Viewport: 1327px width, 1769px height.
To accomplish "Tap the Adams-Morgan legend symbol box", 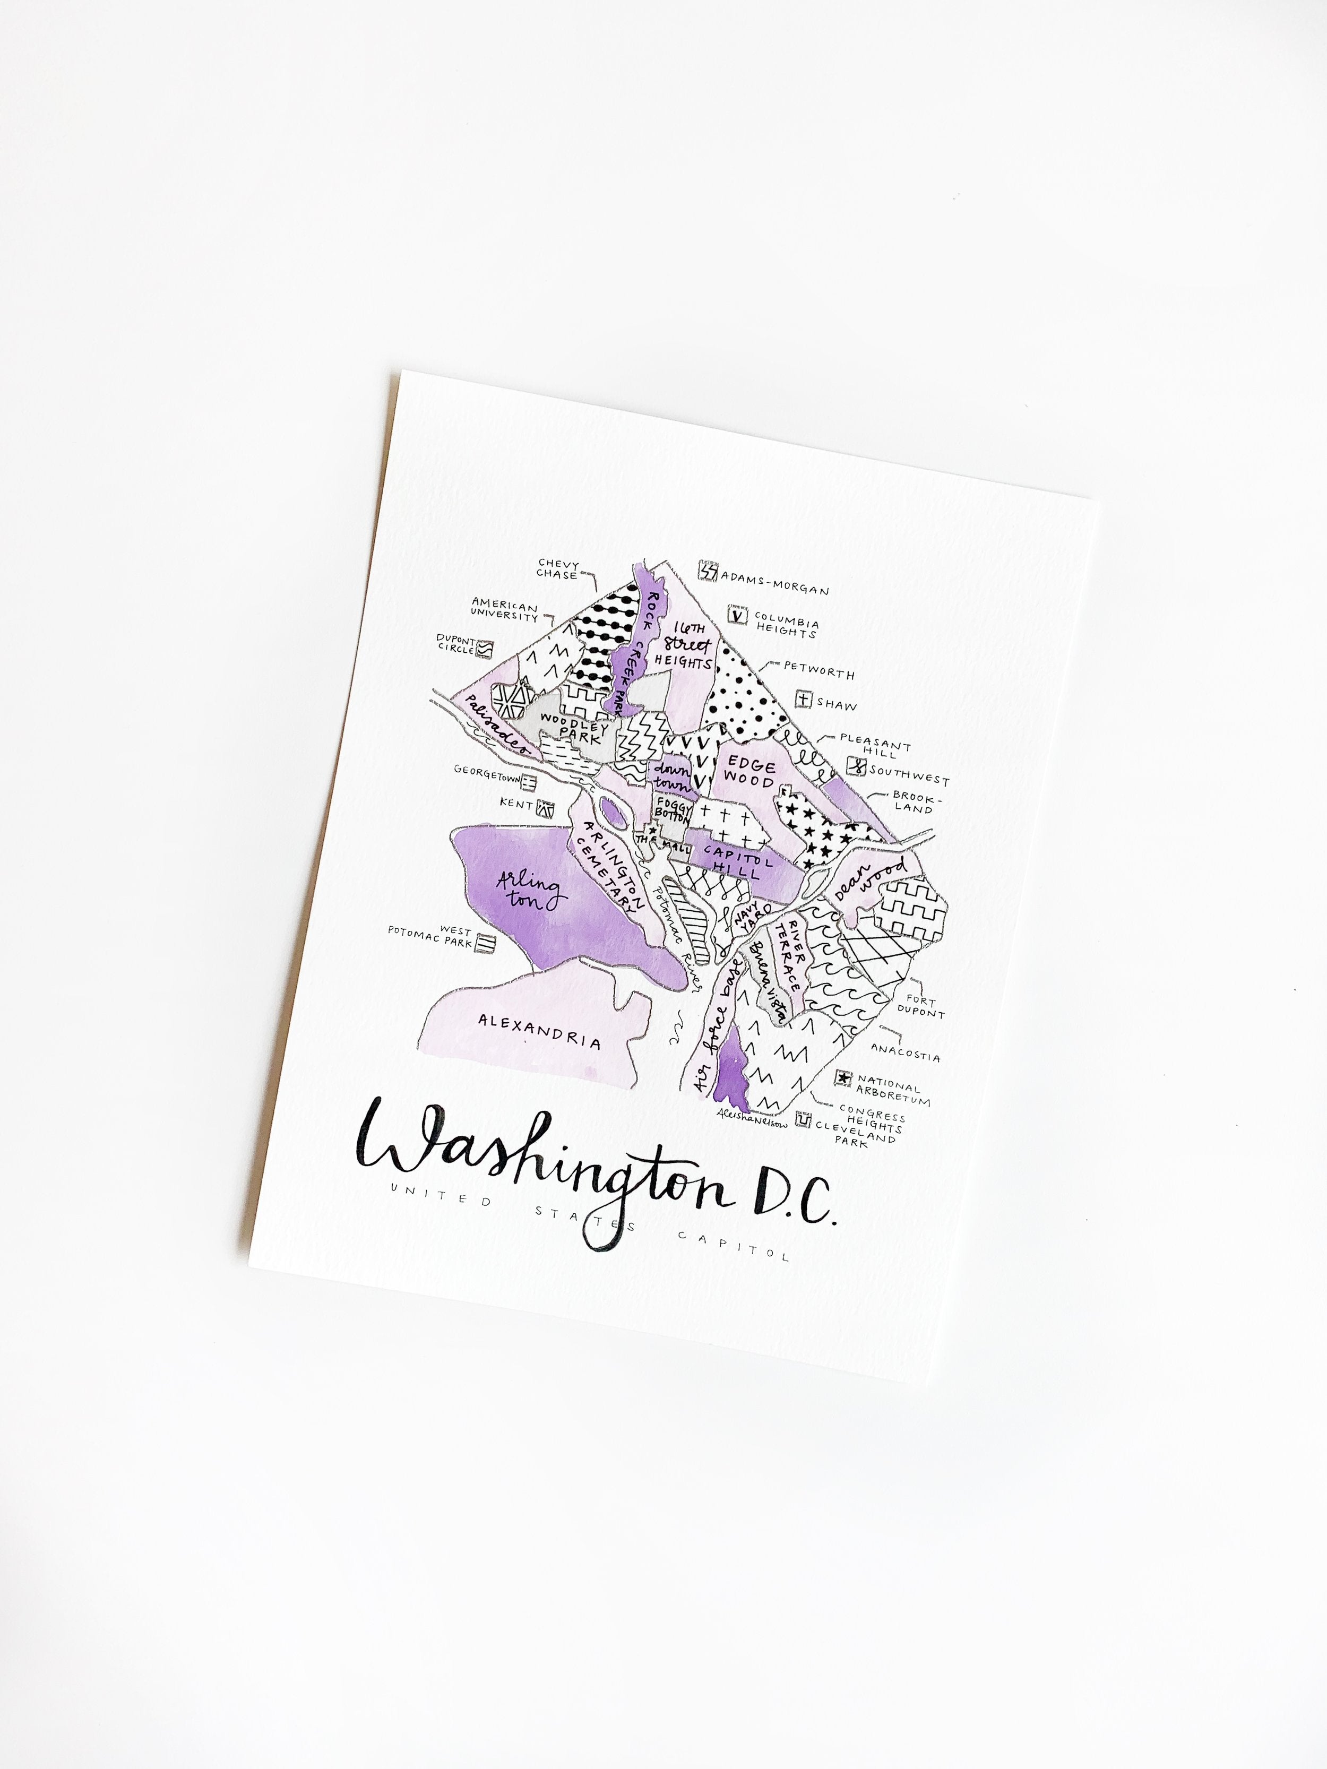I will tap(708, 571).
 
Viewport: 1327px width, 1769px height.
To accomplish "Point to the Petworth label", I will tap(818, 669).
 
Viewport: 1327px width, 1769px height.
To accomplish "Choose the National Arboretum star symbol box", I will tap(842, 1079).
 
